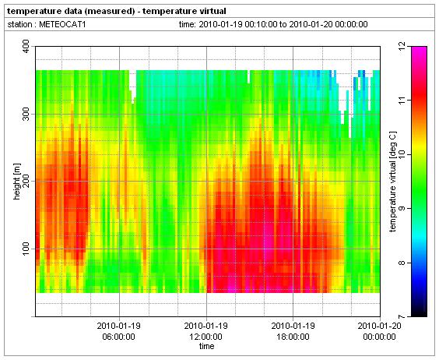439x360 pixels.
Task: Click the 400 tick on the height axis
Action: click(26, 47)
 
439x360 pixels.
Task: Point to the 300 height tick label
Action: click(26, 114)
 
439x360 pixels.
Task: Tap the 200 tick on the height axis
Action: click(26, 182)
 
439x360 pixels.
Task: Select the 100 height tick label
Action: click(26, 249)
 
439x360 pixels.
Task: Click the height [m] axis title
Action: click(17, 182)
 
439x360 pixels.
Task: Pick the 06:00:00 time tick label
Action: click(119, 337)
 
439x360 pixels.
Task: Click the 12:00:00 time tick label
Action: click(206, 337)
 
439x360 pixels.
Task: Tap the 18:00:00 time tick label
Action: click(293, 337)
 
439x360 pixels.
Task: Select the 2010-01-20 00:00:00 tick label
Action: click(379, 331)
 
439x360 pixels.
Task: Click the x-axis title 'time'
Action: click(206, 347)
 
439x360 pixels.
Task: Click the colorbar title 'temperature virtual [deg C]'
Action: click(393, 182)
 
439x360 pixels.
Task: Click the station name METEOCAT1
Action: click(62, 25)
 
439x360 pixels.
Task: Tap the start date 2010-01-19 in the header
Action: click(220, 25)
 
